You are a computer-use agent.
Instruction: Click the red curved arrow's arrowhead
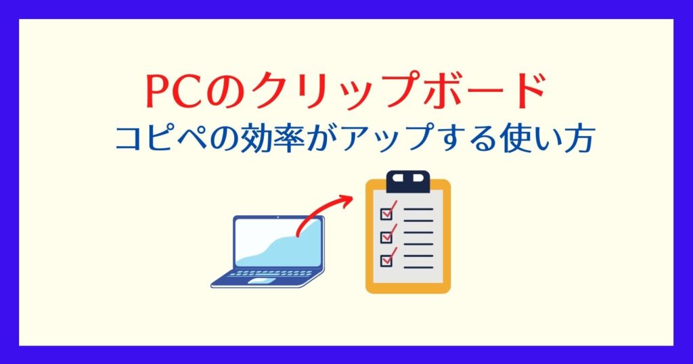(346, 200)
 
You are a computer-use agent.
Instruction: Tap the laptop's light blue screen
(278, 242)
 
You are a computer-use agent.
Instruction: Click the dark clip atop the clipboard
(407, 181)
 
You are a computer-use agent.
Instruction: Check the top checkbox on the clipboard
(386, 214)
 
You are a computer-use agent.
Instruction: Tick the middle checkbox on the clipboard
(386, 237)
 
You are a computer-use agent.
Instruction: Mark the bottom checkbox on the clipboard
(386, 260)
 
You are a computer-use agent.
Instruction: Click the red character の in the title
(223, 93)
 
